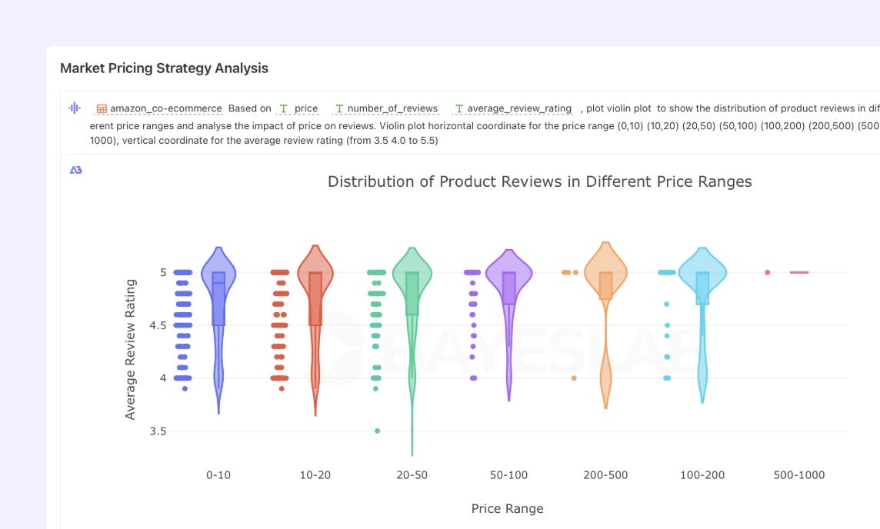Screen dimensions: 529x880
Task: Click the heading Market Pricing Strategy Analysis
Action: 164,68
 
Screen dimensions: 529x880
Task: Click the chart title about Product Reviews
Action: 539,181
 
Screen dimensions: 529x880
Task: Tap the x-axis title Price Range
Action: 507,508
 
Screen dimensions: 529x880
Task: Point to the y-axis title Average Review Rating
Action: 130,349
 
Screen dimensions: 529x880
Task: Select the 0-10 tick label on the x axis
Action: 218,475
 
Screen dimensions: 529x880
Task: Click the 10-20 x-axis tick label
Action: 315,475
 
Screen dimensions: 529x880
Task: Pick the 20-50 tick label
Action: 412,475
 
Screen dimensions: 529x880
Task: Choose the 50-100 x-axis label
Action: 508,475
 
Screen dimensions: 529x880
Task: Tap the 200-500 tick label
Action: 605,475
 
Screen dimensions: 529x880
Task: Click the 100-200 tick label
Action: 702,475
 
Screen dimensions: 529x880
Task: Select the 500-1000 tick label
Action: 799,475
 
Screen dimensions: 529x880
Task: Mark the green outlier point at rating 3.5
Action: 377,431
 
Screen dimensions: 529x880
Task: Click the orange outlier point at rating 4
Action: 574,378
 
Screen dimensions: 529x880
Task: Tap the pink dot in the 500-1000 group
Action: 767,272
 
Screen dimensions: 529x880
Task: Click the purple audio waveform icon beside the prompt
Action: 75,108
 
